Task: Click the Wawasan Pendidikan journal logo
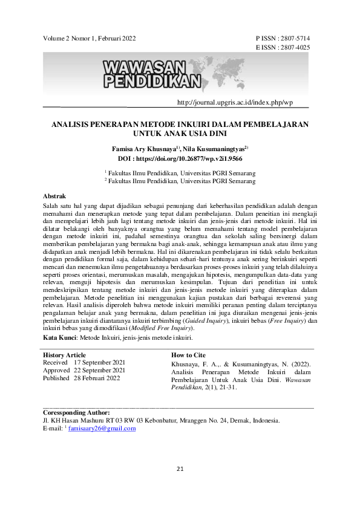pos(154,73)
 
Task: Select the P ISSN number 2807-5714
pos(297,38)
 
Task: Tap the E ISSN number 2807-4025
pos(297,47)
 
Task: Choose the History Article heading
pos(64,355)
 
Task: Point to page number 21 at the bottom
pos(180,469)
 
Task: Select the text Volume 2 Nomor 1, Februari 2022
pos(90,38)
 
